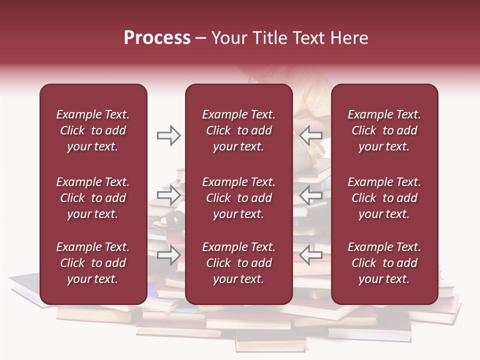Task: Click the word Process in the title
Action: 157,38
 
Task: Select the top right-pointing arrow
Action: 168,135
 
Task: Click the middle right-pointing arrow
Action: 168,195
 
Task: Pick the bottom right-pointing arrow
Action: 168,255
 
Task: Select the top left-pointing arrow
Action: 311,135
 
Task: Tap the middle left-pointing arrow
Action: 311,195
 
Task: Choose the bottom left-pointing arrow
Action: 311,255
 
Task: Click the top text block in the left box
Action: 93,130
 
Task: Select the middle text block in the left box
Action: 93,198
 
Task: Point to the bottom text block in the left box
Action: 93,263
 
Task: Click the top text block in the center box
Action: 239,130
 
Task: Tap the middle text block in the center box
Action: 239,198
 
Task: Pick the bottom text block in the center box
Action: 239,263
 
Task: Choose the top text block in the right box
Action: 384,130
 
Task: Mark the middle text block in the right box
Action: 384,198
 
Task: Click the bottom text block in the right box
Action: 384,263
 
